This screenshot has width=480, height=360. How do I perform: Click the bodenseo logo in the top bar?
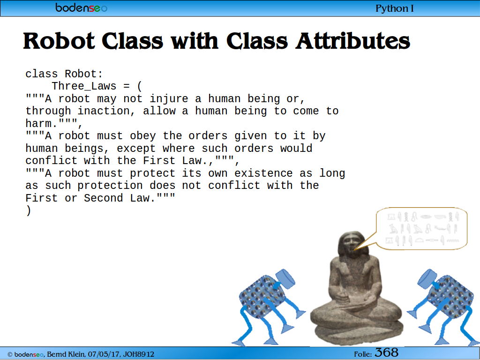(x=81, y=7)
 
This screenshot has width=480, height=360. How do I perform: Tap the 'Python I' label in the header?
(x=394, y=8)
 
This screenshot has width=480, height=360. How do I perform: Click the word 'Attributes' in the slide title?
(x=352, y=41)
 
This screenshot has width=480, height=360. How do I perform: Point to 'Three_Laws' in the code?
(x=84, y=86)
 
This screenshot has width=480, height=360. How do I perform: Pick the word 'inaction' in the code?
(x=104, y=111)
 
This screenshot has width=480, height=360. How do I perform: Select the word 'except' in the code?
(x=136, y=149)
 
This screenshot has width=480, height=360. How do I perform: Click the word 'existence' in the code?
(x=263, y=173)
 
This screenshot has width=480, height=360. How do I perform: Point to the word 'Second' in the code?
(x=104, y=198)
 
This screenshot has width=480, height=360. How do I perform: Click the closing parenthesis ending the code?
(x=29, y=210)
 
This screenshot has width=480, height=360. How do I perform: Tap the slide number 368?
(x=387, y=352)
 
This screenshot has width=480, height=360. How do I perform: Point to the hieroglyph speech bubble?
(x=421, y=228)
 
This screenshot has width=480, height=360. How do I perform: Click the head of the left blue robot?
(x=285, y=279)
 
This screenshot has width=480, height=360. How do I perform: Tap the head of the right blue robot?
(x=427, y=279)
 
